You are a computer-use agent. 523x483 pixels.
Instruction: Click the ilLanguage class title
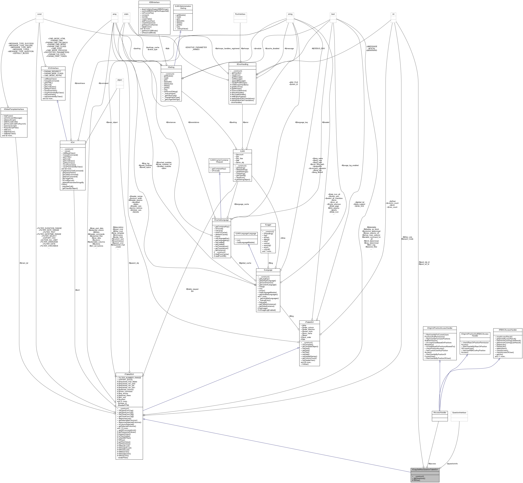pyautogui.click(x=268, y=270)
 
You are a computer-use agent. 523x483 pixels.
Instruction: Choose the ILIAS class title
pyautogui.click(x=242, y=151)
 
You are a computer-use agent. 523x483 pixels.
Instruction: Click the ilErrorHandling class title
pyautogui.click(x=242, y=64)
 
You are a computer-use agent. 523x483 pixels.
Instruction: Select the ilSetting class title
pyautogui.click(x=171, y=67)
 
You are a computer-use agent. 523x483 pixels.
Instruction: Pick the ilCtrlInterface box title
pyautogui.click(x=53, y=68)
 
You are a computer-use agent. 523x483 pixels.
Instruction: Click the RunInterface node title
pyautogui.click(x=240, y=14)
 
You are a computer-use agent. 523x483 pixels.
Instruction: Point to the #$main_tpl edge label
pyautogui.click(x=24, y=263)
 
